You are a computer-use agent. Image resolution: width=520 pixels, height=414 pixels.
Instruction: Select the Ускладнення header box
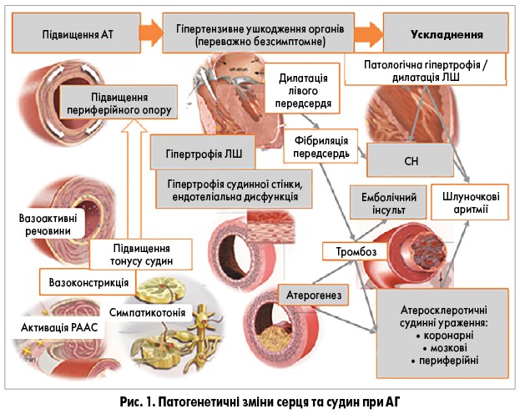pos(447,36)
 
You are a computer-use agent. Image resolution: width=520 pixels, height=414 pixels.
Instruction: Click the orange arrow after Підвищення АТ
pos(149,36)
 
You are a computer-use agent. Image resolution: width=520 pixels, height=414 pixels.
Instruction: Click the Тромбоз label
pos(356,250)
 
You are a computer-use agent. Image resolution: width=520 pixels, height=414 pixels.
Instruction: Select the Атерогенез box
pos(313,295)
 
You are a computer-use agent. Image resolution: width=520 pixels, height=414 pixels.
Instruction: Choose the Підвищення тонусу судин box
pos(142,254)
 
